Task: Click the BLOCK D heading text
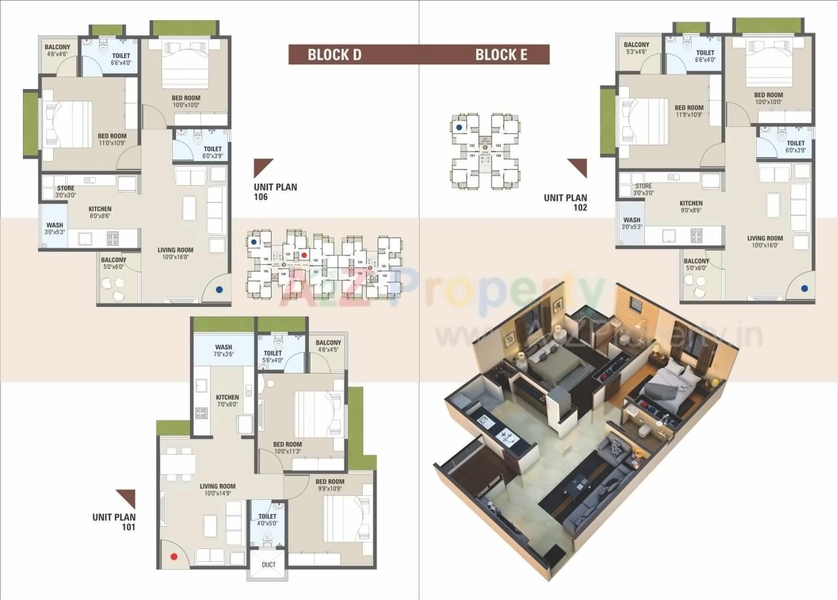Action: click(x=335, y=55)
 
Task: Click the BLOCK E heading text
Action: click(x=501, y=55)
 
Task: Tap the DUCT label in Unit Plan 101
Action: click(x=268, y=565)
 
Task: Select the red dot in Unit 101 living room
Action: click(x=174, y=557)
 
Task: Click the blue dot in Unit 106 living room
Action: click(x=219, y=288)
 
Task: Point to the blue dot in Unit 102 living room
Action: click(x=804, y=288)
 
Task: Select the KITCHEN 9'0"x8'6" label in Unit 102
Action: click(x=691, y=207)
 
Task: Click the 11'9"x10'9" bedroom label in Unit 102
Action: click(x=689, y=112)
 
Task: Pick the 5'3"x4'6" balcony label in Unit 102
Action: click(x=636, y=48)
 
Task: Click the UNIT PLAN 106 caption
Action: click(x=275, y=191)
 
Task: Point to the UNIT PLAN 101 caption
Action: click(x=114, y=521)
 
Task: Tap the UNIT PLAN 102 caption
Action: click(x=565, y=202)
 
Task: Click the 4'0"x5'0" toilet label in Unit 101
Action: click(x=267, y=520)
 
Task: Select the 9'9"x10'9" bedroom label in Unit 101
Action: click(x=329, y=485)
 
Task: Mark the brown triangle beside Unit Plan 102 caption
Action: click(x=578, y=167)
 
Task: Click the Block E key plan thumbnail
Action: click(x=485, y=151)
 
